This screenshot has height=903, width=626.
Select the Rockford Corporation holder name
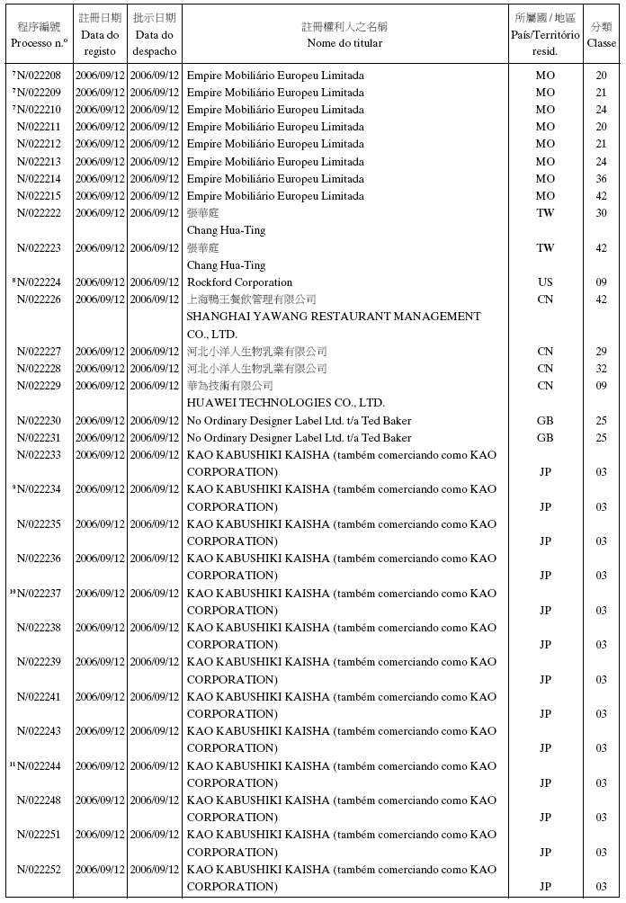pyautogui.click(x=239, y=282)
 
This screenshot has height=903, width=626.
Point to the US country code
pyautogui.click(x=545, y=282)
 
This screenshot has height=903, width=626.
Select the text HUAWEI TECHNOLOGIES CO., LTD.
pyautogui.click(x=285, y=403)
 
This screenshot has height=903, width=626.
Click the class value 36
pyautogui.click(x=601, y=179)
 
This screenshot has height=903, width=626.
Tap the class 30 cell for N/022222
pyautogui.click(x=601, y=213)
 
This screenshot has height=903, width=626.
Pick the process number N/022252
pyautogui.click(x=39, y=870)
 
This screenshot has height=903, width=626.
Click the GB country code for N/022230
pyautogui.click(x=545, y=421)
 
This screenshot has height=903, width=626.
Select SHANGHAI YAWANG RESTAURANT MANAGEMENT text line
pyautogui.click(x=333, y=317)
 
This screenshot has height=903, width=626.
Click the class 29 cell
pyautogui.click(x=601, y=352)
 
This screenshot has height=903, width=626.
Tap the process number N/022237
pyautogui.click(x=39, y=594)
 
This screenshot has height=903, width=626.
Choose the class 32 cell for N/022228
pyautogui.click(x=601, y=369)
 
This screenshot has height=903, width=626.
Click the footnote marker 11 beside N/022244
pyautogui.click(x=13, y=764)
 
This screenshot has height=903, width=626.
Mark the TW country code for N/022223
pyautogui.click(x=545, y=248)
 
